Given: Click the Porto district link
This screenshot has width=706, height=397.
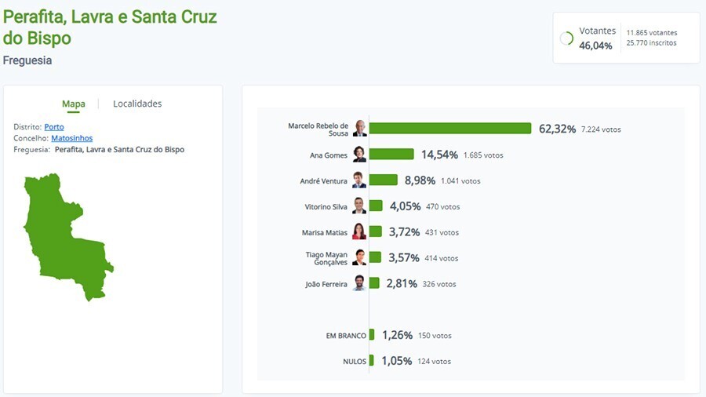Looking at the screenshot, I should pyautogui.click(x=54, y=127).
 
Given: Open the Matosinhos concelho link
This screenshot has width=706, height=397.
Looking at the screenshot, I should pyautogui.click(x=71, y=138).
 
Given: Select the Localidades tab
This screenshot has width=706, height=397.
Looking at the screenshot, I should pyautogui.click(x=137, y=104).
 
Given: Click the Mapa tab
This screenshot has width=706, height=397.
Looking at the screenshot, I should pyautogui.click(x=74, y=104).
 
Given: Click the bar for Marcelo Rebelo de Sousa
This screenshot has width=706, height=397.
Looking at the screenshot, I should pyautogui.click(x=450, y=129).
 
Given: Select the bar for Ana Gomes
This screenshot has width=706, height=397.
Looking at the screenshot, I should pyautogui.click(x=391, y=155).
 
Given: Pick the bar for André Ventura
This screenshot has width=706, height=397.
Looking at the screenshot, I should pyautogui.click(x=384, y=180).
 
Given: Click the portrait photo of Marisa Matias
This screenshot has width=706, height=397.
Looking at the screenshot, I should pyautogui.click(x=359, y=231).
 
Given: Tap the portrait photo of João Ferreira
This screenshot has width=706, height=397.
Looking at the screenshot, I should pyautogui.click(x=359, y=283).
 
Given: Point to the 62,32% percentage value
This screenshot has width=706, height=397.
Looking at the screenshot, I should pyautogui.click(x=557, y=129).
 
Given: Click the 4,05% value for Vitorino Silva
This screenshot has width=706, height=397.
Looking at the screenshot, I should pyautogui.click(x=405, y=206).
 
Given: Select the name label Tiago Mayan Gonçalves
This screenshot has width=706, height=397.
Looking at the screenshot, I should pyautogui.click(x=326, y=258).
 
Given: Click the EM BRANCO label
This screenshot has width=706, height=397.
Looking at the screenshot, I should pyautogui.click(x=346, y=336).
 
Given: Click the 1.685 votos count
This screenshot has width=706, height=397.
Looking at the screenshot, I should pyautogui.click(x=483, y=155).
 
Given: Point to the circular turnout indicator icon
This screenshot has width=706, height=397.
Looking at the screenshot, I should pyautogui.click(x=566, y=38).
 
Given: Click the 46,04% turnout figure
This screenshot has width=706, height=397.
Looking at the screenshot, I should pyautogui.click(x=595, y=46).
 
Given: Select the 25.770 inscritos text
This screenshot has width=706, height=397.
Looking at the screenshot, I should pyautogui.click(x=651, y=43).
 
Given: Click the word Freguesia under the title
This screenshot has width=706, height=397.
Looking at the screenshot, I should pyautogui.click(x=27, y=60).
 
